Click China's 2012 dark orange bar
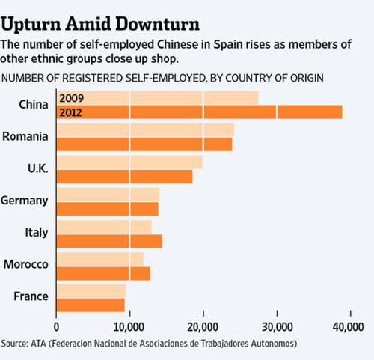(x=200, y=112)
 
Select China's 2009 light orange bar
(x=158, y=97)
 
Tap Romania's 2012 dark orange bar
(x=144, y=144)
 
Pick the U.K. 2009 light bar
(x=129, y=162)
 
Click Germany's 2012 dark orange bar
(x=108, y=209)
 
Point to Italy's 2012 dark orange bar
(x=109, y=241)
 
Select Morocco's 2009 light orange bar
(x=100, y=259)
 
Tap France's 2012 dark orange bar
(x=91, y=305)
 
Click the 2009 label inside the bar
(x=71, y=98)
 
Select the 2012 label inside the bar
(x=70, y=113)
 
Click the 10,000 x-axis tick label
(x=129, y=327)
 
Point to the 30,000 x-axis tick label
(x=277, y=327)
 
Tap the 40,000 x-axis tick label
(x=348, y=327)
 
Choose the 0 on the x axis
(x=56, y=327)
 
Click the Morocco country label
(x=26, y=264)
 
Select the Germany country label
(x=25, y=201)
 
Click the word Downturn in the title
(x=158, y=24)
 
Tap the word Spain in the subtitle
(x=228, y=45)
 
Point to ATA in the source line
(x=38, y=344)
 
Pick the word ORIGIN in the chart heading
(x=307, y=78)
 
